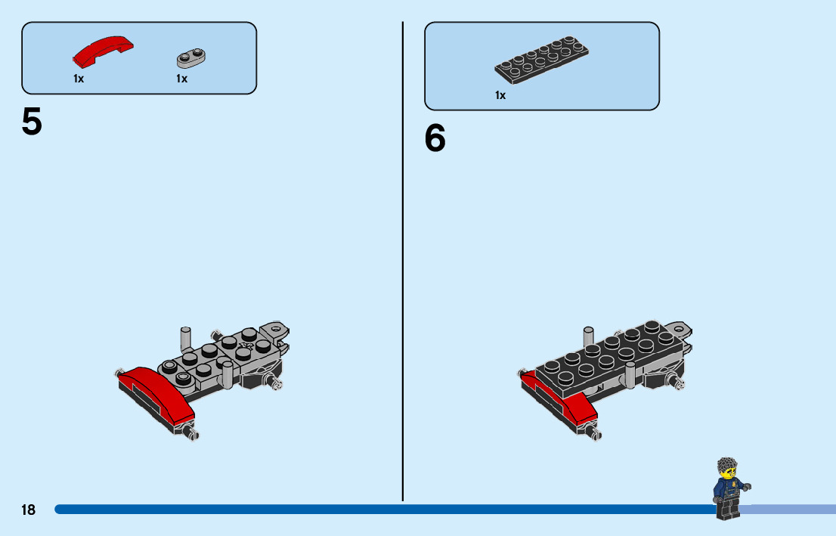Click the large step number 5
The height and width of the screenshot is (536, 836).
[32, 122]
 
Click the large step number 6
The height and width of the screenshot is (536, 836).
[435, 138]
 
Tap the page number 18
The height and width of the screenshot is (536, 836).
[28, 510]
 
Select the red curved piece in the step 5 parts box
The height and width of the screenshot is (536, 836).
[103, 50]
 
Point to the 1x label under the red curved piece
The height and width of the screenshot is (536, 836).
[79, 79]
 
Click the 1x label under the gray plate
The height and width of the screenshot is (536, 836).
[181, 79]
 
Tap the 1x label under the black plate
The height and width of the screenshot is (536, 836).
[500, 95]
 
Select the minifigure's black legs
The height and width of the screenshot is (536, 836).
[726, 510]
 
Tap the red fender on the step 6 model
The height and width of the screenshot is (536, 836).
[574, 404]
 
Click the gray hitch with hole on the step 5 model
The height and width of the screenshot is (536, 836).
[275, 330]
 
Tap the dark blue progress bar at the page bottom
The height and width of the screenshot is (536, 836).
[378, 510]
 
